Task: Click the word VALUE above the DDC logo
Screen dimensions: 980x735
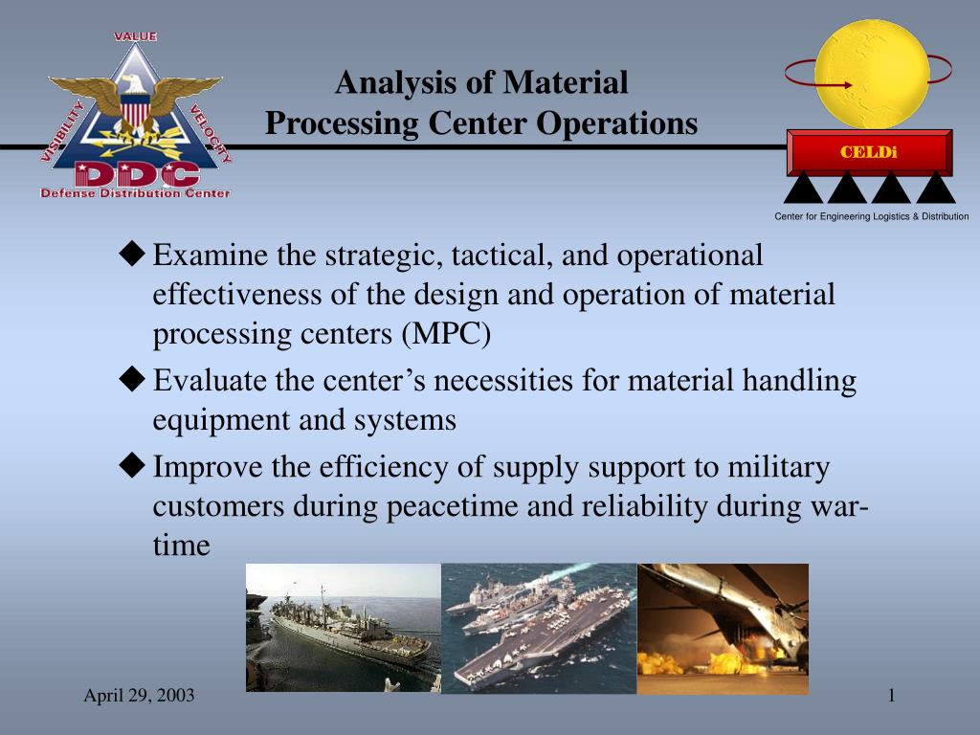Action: [135, 36]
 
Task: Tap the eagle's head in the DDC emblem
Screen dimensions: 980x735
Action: [132, 83]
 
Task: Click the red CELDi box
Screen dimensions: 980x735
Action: [869, 152]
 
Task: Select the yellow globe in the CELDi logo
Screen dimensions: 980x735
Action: [872, 74]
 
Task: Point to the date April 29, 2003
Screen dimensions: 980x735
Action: [139, 695]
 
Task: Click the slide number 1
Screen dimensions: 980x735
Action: [892, 695]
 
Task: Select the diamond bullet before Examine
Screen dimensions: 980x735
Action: [132, 254]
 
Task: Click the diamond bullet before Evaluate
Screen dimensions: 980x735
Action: [132, 379]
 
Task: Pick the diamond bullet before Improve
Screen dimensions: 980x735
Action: [132, 466]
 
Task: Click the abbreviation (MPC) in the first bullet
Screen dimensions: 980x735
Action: [446, 334]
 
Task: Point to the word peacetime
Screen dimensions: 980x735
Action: [453, 506]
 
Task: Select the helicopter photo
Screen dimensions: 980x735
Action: [723, 629]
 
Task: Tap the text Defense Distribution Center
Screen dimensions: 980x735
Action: [135, 193]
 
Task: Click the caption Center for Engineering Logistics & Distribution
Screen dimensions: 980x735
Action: [871, 216]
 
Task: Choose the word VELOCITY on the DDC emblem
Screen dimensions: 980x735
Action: [210, 133]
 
